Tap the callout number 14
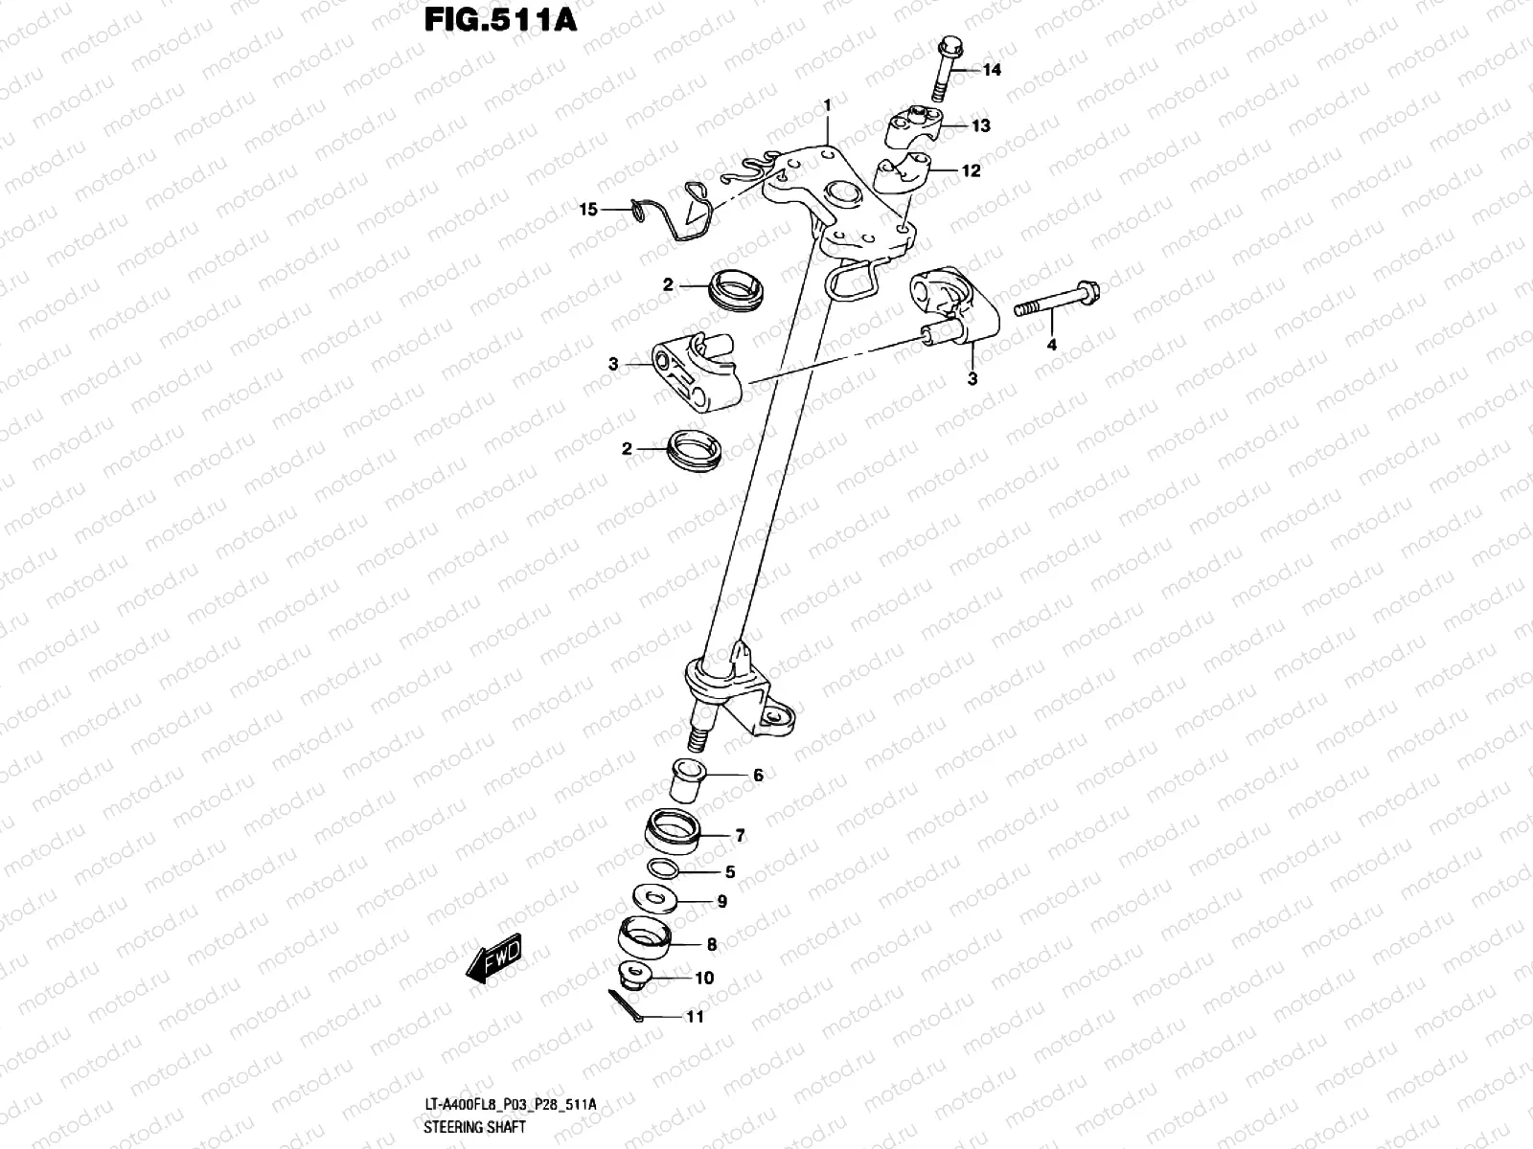[x=991, y=70]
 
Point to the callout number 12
[x=971, y=171]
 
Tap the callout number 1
[x=828, y=102]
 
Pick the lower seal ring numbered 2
[x=693, y=449]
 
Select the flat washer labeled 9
[x=657, y=899]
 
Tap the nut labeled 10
[x=635, y=977]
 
